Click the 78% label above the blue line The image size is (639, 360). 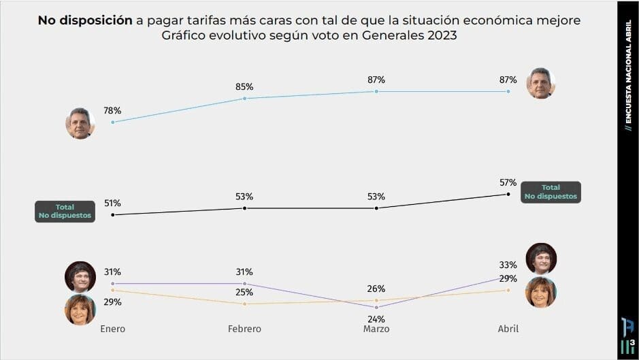112,110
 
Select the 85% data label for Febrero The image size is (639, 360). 244,86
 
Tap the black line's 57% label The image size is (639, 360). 508,182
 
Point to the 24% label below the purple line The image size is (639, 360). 376,318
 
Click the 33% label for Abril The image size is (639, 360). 508,265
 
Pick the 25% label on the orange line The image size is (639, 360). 244,293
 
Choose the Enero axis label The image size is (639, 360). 112,329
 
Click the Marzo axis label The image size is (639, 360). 376,329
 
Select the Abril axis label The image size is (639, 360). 508,329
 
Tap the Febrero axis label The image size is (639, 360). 244,329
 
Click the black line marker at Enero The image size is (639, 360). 112,215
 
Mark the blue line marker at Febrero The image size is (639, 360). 244,99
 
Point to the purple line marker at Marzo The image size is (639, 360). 376,307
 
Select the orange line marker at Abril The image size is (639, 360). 508,290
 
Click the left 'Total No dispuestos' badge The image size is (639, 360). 65,212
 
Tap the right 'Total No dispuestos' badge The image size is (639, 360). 551,192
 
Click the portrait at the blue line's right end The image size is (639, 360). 541,83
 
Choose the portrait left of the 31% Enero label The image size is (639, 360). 80,276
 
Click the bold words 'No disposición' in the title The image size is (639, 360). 85,20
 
